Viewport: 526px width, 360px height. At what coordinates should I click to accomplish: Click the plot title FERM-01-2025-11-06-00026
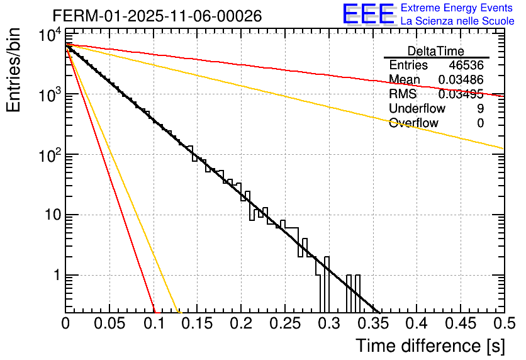click(157, 16)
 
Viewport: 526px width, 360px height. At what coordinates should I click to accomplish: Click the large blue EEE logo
click(368, 14)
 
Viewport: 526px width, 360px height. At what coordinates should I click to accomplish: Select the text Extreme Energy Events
click(457, 8)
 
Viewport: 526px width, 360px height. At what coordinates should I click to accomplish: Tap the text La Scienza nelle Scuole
click(457, 21)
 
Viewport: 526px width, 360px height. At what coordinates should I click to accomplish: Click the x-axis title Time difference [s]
click(429, 346)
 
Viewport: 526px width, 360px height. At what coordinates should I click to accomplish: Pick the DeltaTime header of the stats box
click(435, 51)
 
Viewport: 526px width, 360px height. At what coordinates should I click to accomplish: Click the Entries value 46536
click(466, 65)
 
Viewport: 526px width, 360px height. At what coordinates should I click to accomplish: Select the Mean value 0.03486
click(461, 80)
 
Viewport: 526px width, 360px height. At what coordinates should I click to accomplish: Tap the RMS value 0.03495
click(461, 94)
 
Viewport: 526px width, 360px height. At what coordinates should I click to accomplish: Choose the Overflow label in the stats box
click(413, 123)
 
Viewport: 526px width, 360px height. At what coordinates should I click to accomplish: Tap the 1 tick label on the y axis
click(55, 276)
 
